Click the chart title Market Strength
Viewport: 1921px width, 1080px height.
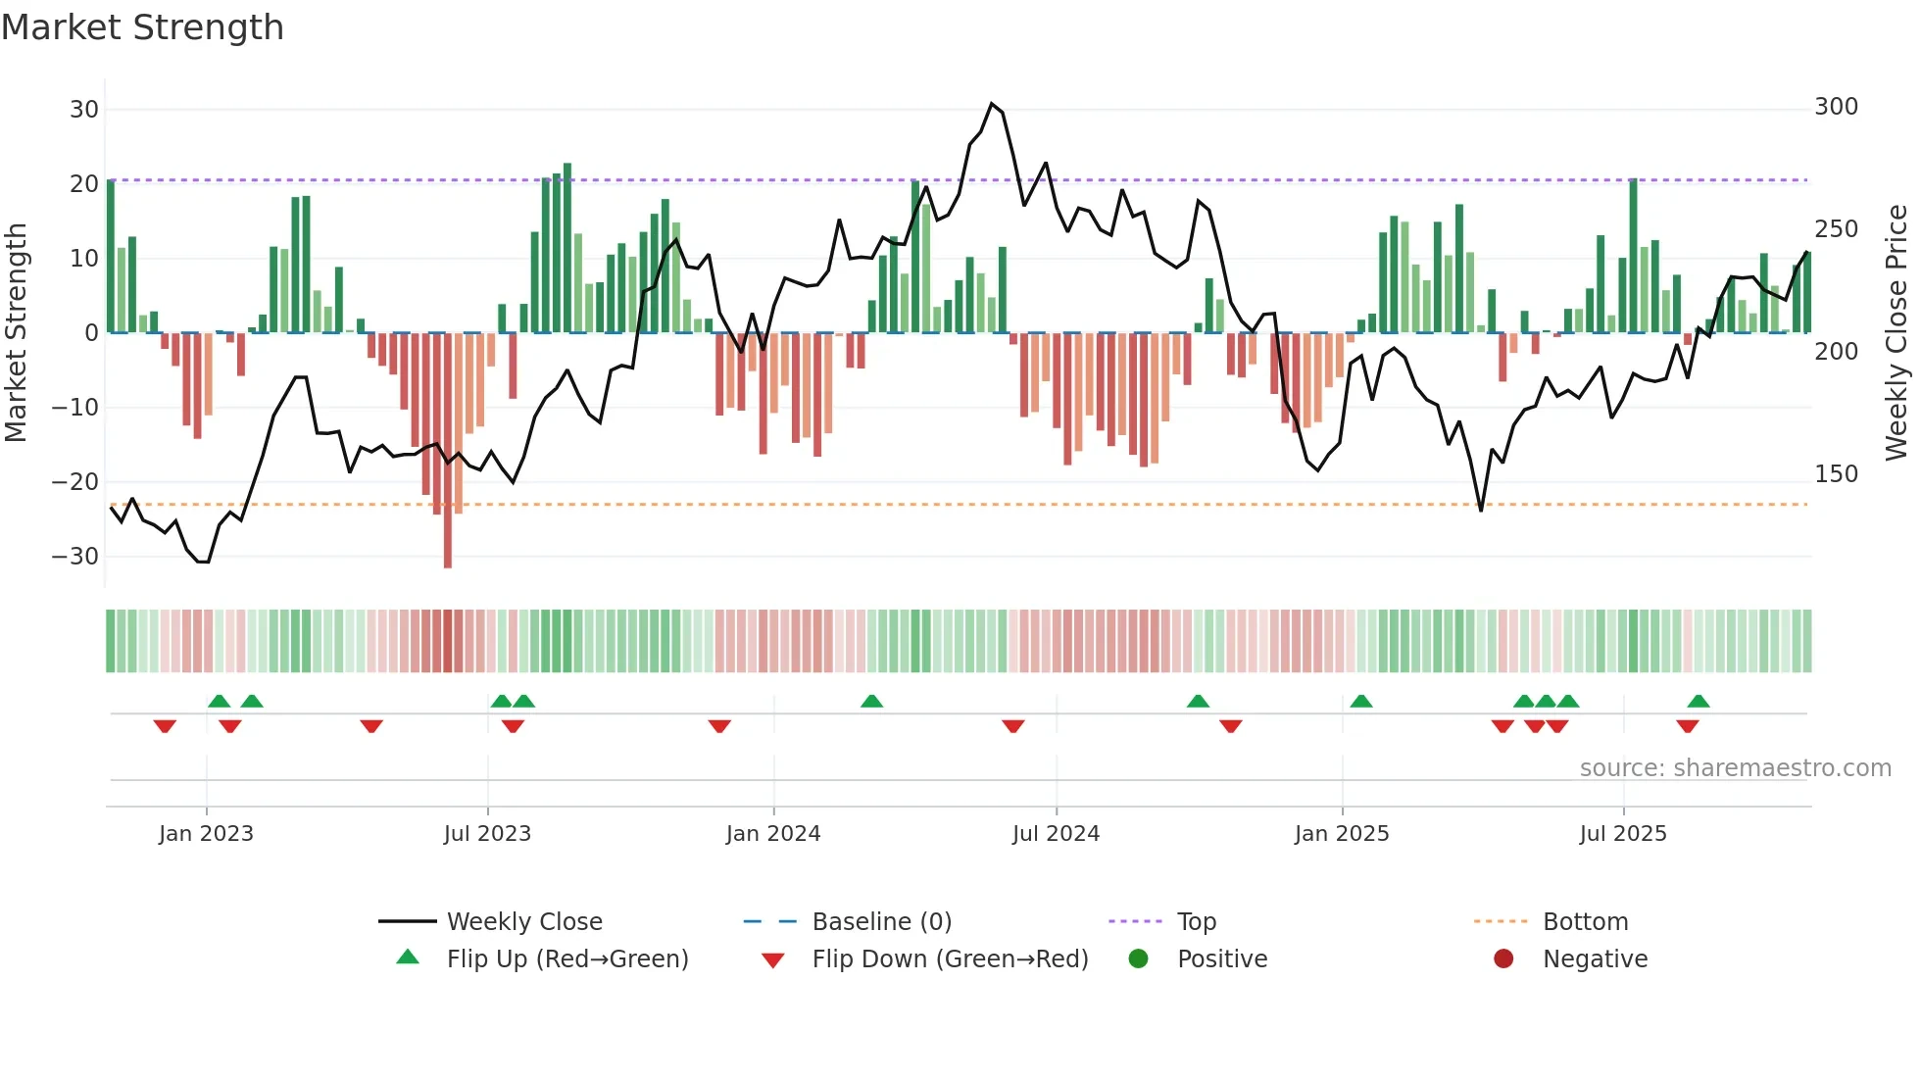[142, 27]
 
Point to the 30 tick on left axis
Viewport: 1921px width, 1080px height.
[84, 110]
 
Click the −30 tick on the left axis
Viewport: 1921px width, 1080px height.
[75, 557]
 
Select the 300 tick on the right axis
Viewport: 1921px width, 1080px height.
[1836, 107]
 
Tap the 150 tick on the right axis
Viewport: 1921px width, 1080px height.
[1836, 474]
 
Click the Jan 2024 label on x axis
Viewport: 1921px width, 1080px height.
[772, 834]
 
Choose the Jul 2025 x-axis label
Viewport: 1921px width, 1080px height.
[1622, 834]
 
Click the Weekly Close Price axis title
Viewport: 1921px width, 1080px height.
[1896, 333]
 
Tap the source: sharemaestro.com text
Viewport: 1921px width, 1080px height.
[1735, 768]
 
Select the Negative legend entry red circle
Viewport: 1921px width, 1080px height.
[1503, 959]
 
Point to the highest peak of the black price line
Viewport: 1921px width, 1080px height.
[992, 104]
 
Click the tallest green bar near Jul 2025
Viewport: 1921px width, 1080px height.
[1634, 255]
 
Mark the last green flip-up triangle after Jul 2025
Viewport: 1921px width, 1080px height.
[1699, 702]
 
